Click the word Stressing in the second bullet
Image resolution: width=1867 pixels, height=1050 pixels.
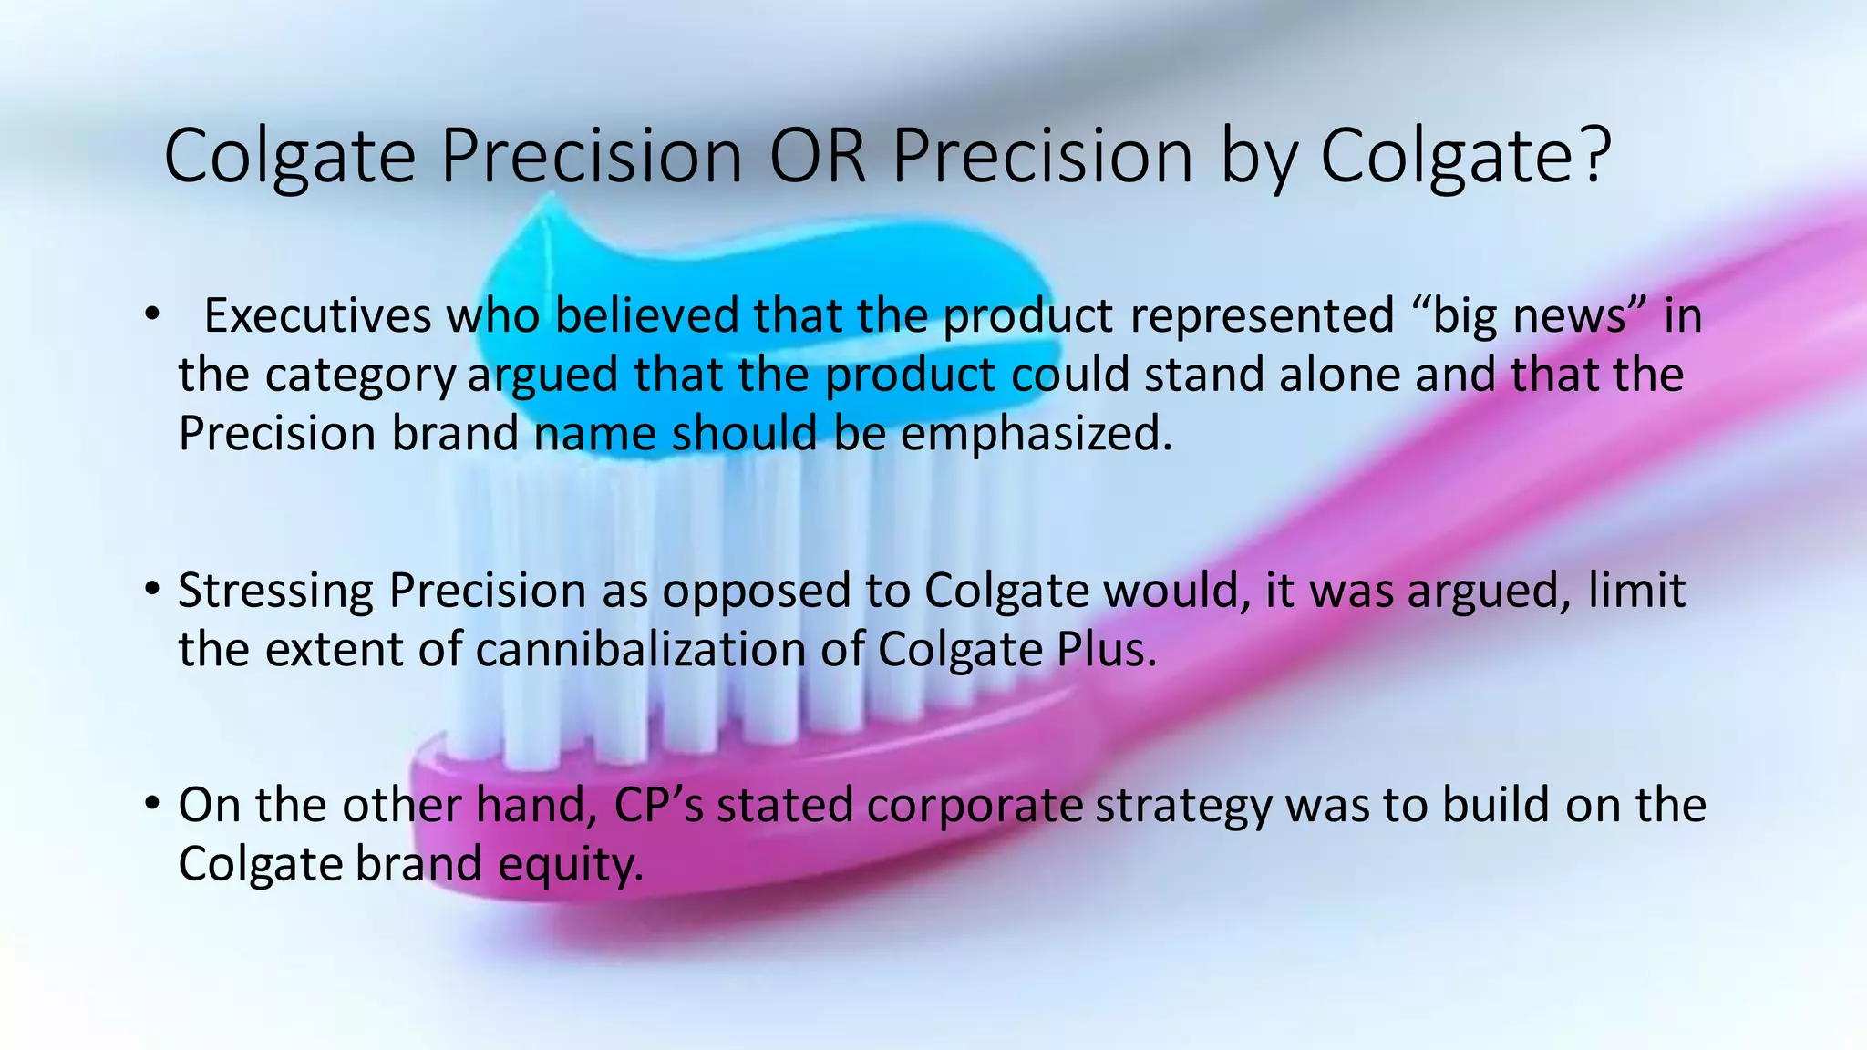coord(275,591)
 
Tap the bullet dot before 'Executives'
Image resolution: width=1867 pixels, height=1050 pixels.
coord(151,315)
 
